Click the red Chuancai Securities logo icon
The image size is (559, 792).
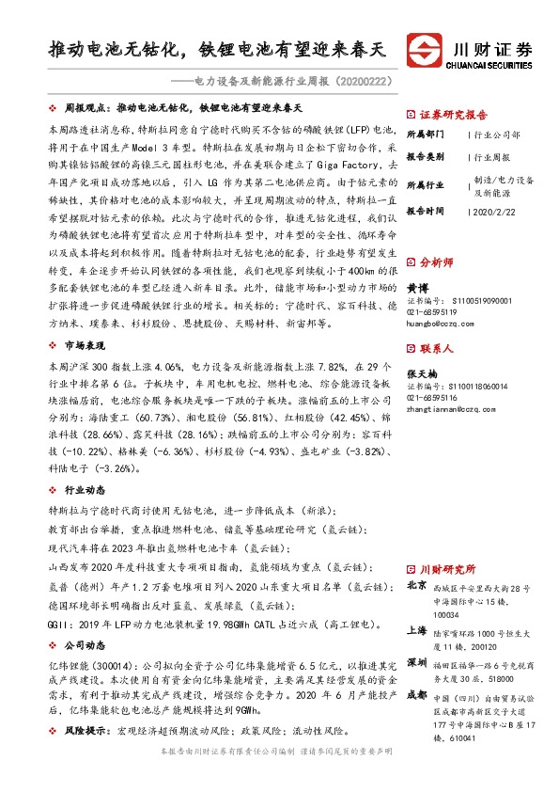click(x=425, y=48)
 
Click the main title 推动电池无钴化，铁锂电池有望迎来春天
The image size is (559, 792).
click(x=218, y=48)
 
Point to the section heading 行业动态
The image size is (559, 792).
click(x=84, y=490)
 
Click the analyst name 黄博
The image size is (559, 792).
click(x=415, y=285)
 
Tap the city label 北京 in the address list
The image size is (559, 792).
click(x=416, y=585)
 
